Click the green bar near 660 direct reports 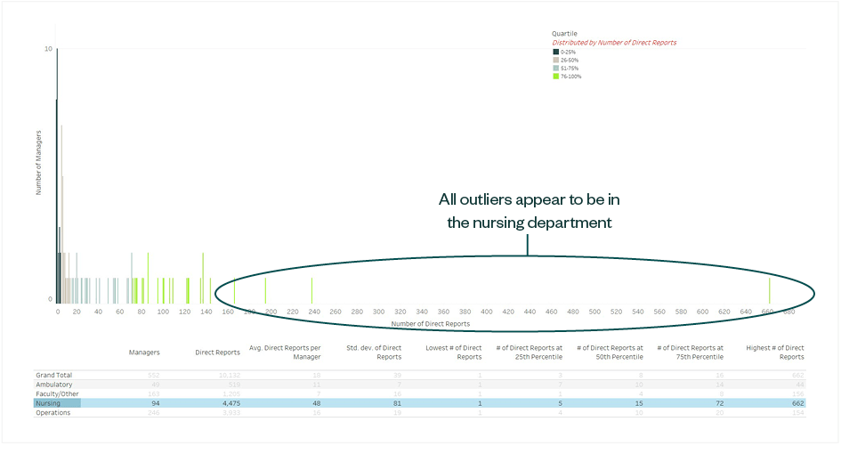tap(769, 290)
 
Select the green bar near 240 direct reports tap(311, 290)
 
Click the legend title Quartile tap(564, 34)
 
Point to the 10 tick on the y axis tap(48, 49)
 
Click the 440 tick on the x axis tap(530, 312)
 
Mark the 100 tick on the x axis tap(163, 312)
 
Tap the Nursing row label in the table tap(47, 403)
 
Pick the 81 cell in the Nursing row tap(396, 403)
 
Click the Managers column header tap(144, 353)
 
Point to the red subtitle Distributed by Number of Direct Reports tap(614, 43)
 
